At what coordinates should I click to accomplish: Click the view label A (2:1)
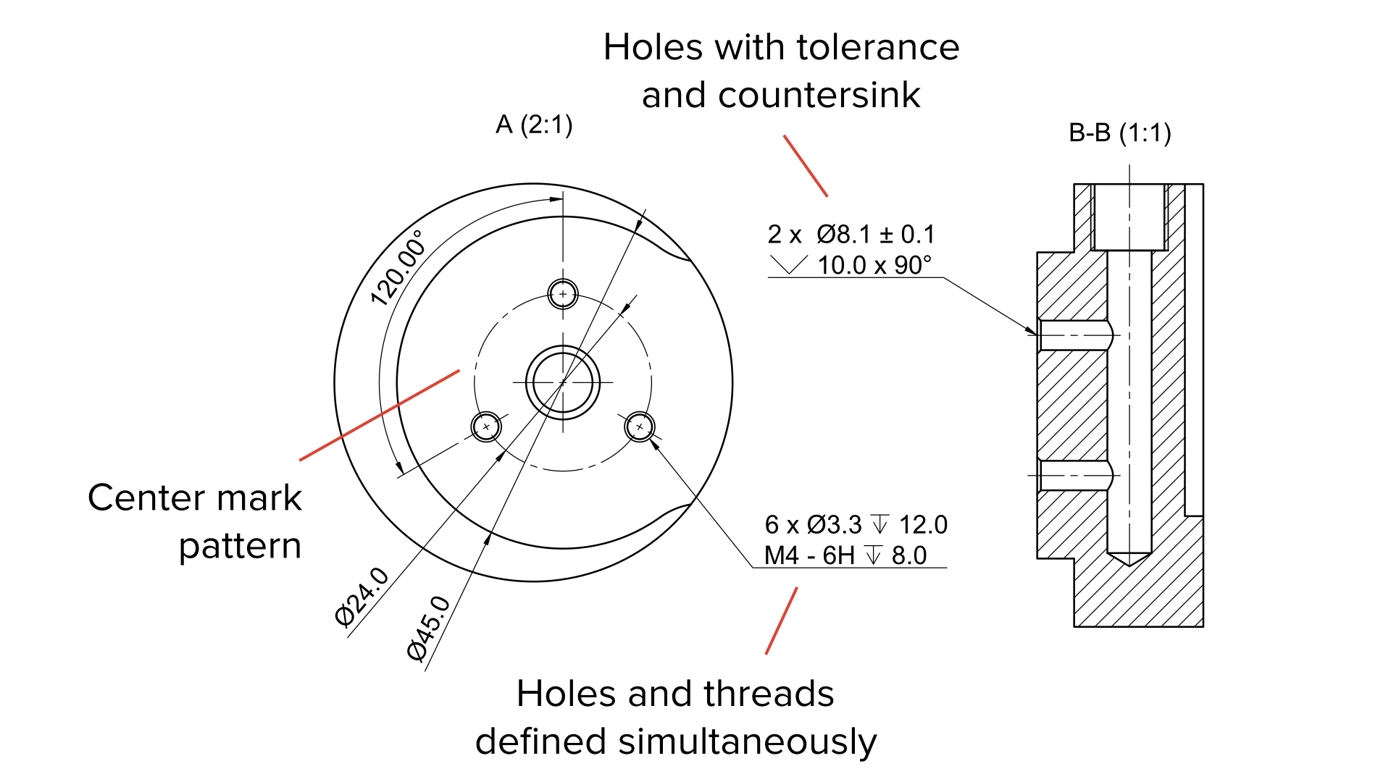(534, 125)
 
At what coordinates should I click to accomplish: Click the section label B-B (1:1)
(1119, 133)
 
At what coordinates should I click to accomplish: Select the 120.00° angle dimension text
(397, 269)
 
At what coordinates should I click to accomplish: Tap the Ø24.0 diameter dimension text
(362, 597)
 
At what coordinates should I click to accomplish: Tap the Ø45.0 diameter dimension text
(429, 628)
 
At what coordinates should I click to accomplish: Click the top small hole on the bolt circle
(563, 294)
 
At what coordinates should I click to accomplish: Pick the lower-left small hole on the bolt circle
(486, 426)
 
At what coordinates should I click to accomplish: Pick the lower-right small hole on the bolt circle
(640, 426)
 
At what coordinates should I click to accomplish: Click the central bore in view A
(563, 382)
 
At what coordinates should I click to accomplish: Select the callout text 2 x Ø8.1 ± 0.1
(851, 235)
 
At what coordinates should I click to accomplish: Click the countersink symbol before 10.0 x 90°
(788, 264)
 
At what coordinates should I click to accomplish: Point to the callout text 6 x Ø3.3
(813, 525)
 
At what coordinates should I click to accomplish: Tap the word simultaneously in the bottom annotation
(747, 742)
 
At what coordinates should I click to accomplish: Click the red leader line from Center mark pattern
(379, 416)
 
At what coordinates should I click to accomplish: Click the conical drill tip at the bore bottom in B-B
(1129, 558)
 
